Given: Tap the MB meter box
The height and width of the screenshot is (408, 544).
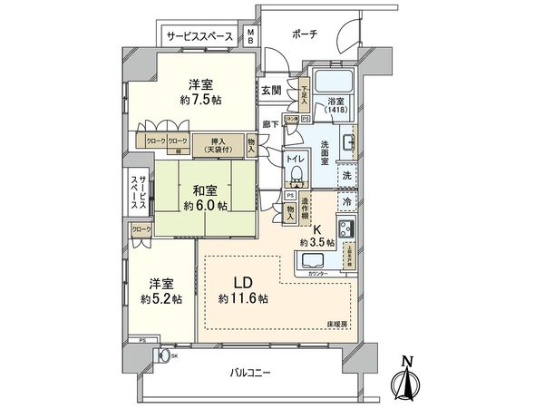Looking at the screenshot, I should click(x=251, y=37).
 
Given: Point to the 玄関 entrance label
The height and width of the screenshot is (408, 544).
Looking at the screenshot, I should click(x=270, y=90).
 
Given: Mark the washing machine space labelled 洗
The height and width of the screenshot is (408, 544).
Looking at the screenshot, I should click(x=346, y=176).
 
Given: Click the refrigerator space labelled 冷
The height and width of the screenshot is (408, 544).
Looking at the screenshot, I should click(x=345, y=200).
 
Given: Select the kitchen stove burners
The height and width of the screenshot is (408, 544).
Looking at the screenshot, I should click(x=345, y=229).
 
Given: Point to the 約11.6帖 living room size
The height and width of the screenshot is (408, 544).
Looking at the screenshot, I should click(x=242, y=298).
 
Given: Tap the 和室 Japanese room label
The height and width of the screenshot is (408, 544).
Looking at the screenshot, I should click(x=204, y=191).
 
